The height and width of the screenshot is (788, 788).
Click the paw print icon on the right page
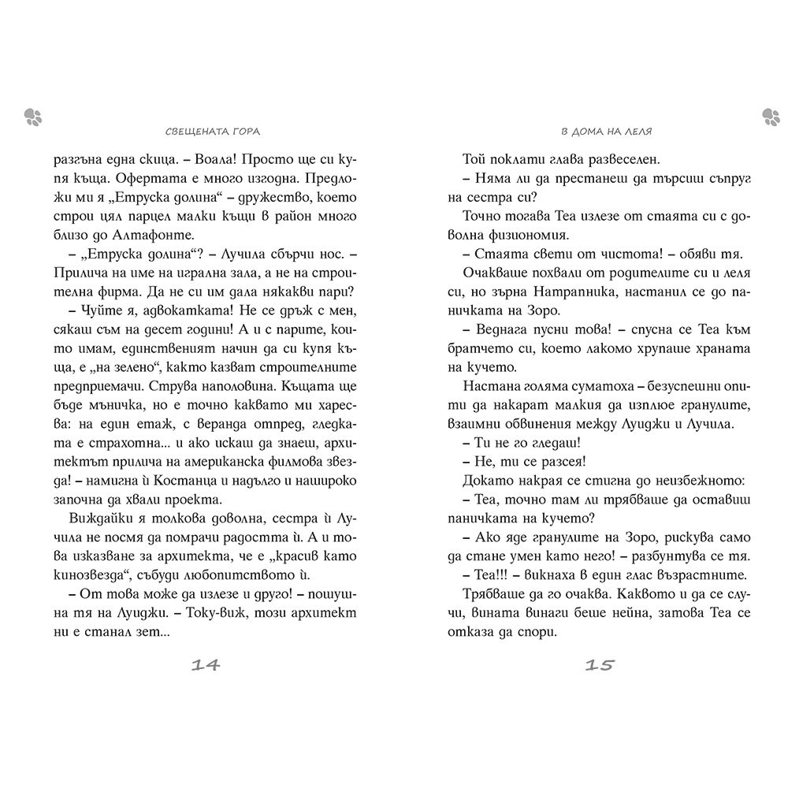click(771, 117)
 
